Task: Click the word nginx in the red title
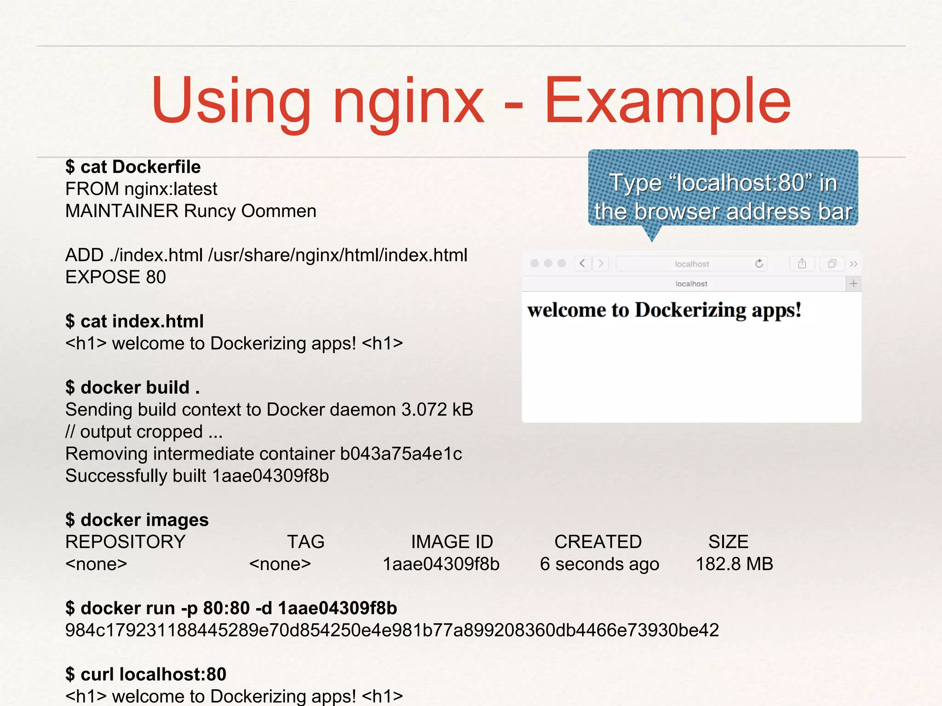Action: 408,102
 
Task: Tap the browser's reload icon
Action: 759,263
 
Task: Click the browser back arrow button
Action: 583,263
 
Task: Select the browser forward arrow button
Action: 601,263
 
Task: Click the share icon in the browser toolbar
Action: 802,263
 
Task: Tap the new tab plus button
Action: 853,284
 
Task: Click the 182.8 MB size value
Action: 734,564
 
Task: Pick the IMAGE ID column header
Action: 452,542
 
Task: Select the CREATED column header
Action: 597,542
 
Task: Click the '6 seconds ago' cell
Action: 599,564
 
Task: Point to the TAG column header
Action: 305,542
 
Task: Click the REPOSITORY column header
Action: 125,542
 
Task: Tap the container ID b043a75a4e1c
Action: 401,454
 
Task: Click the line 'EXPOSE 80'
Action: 115,277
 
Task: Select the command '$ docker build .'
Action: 132,387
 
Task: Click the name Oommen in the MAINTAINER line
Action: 279,211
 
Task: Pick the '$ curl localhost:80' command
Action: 146,674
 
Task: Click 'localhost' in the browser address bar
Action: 692,264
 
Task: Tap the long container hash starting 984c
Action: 392,630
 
